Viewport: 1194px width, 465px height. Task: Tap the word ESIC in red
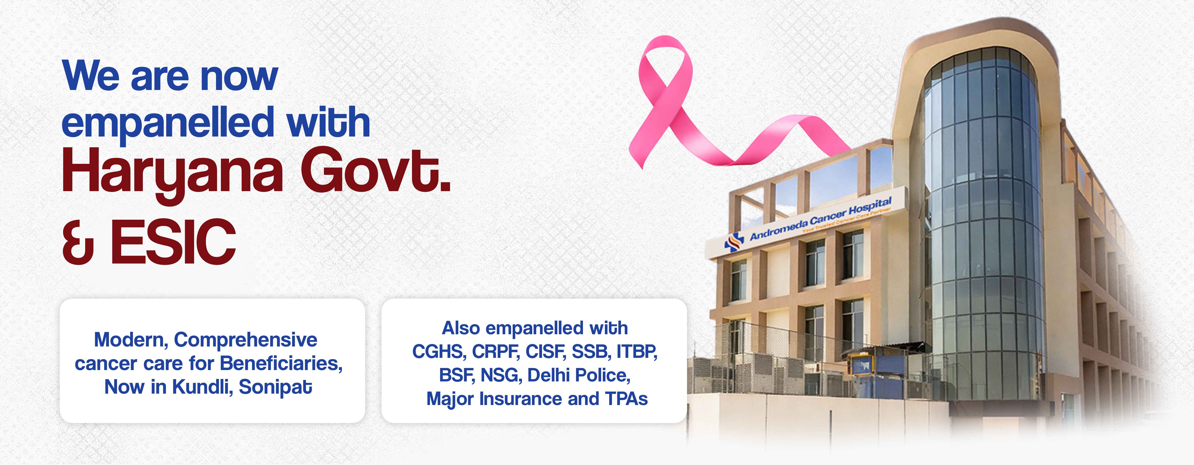[173, 242]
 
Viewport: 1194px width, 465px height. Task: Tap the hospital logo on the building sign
[734, 242]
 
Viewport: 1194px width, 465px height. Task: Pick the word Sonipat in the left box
[275, 388]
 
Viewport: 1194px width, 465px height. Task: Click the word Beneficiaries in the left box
[281, 363]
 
